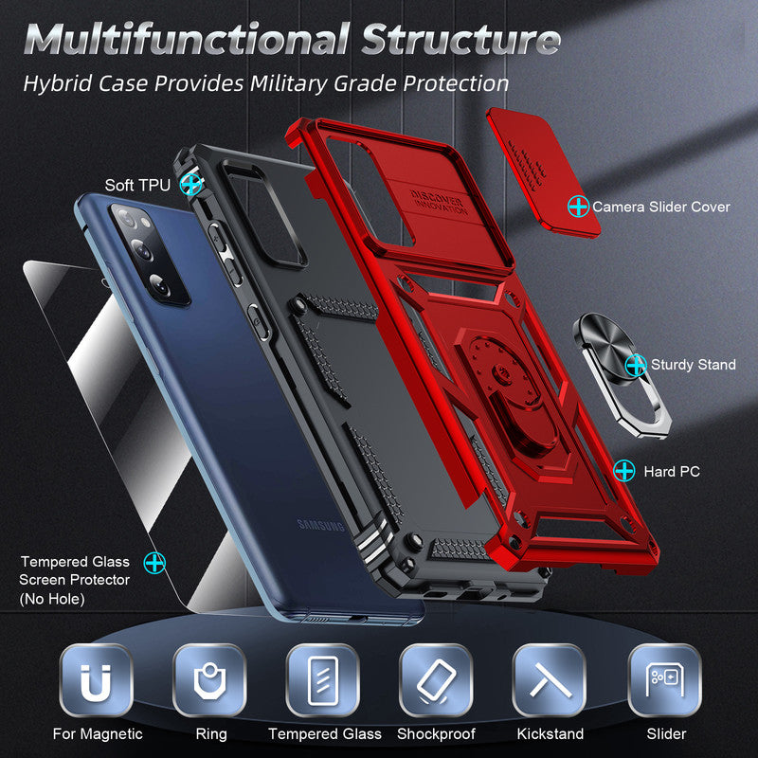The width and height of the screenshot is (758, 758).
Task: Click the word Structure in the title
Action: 460,42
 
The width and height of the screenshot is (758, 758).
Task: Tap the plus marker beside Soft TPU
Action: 192,184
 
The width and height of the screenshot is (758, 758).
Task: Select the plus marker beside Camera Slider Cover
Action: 577,206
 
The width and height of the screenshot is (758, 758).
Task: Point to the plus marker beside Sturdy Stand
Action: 636,364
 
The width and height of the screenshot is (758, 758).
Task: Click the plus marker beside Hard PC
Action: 623,470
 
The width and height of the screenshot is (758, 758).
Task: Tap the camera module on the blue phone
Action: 150,254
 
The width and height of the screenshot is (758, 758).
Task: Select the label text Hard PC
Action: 672,471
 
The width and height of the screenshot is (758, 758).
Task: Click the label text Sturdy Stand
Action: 693,365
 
